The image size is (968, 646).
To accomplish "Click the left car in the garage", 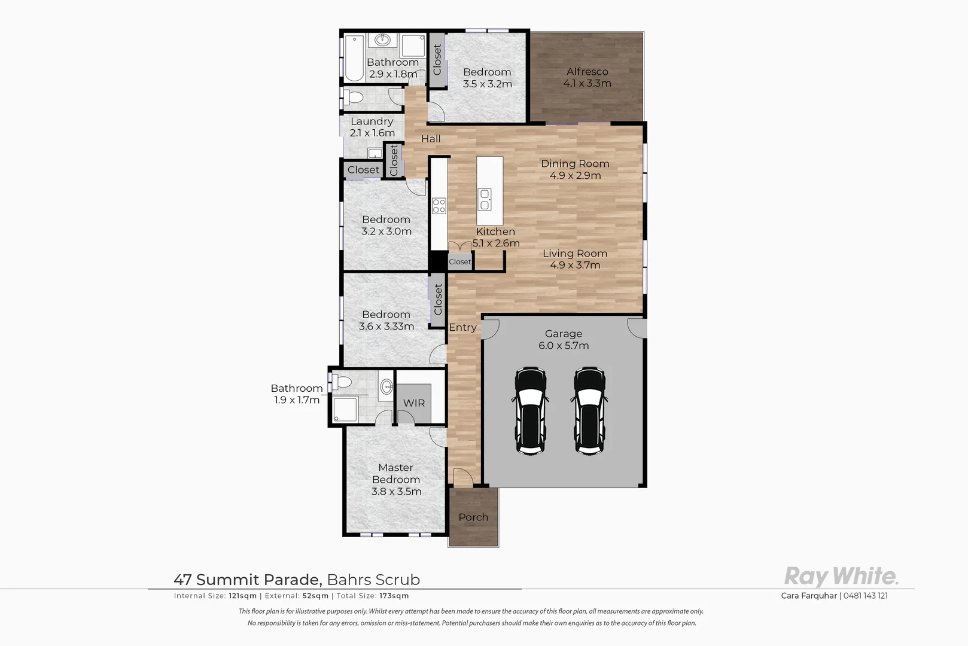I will click(x=531, y=411).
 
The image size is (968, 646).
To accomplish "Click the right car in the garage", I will click(x=589, y=411).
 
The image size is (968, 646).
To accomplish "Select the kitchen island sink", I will click(x=484, y=199).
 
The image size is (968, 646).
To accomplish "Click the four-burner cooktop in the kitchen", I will click(x=439, y=206).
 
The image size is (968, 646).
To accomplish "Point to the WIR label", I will click(x=413, y=403).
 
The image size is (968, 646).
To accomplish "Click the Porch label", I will click(x=473, y=517).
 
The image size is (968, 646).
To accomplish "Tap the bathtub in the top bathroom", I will click(x=354, y=58).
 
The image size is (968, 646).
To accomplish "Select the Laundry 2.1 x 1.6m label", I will click(x=372, y=127).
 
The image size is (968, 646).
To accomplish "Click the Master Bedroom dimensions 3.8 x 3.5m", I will click(x=396, y=492).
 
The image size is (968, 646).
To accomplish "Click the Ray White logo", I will click(x=841, y=577).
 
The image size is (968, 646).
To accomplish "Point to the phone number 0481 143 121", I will click(x=865, y=596).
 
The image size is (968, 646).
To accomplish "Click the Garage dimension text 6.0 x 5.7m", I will click(x=564, y=346).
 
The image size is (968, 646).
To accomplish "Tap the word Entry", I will click(x=462, y=327).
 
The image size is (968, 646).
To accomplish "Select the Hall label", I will click(x=431, y=139).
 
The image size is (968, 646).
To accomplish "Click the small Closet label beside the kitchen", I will click(x=459, y=261).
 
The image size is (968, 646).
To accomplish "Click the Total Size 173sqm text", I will click(x=373, y=596).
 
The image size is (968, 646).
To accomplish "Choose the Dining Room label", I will click(x=575, y=163).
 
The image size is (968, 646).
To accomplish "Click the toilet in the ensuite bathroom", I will click(x=343, y=382).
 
